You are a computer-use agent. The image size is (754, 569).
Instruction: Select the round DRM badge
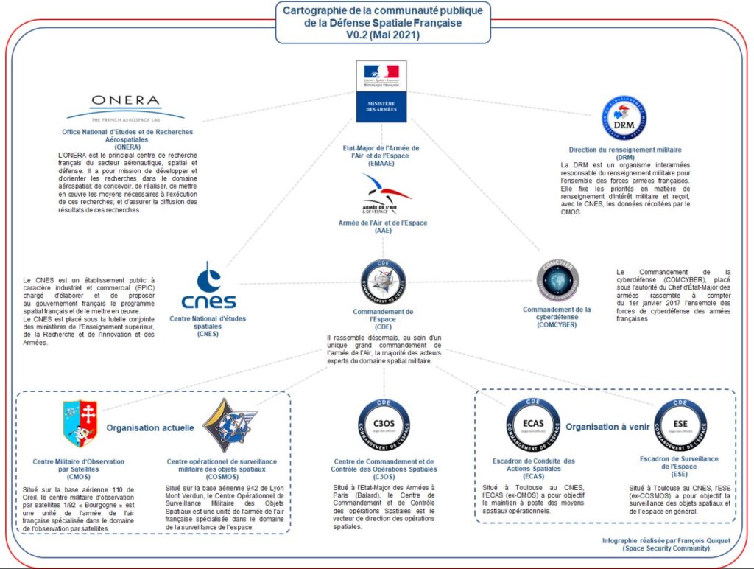pos(624,118)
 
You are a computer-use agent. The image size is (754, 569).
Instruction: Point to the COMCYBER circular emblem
pos(557,281)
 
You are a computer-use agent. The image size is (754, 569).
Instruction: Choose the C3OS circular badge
pos(383,425)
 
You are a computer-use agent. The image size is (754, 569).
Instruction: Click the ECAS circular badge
pos(533,425)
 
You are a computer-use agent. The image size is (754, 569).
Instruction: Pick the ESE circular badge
pos(680,426)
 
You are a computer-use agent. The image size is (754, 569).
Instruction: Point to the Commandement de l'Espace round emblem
pos(383,282)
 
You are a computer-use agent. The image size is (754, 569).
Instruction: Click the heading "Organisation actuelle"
pos(150,427)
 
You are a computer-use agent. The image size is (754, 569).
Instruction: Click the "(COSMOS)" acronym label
pos(221,477)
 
